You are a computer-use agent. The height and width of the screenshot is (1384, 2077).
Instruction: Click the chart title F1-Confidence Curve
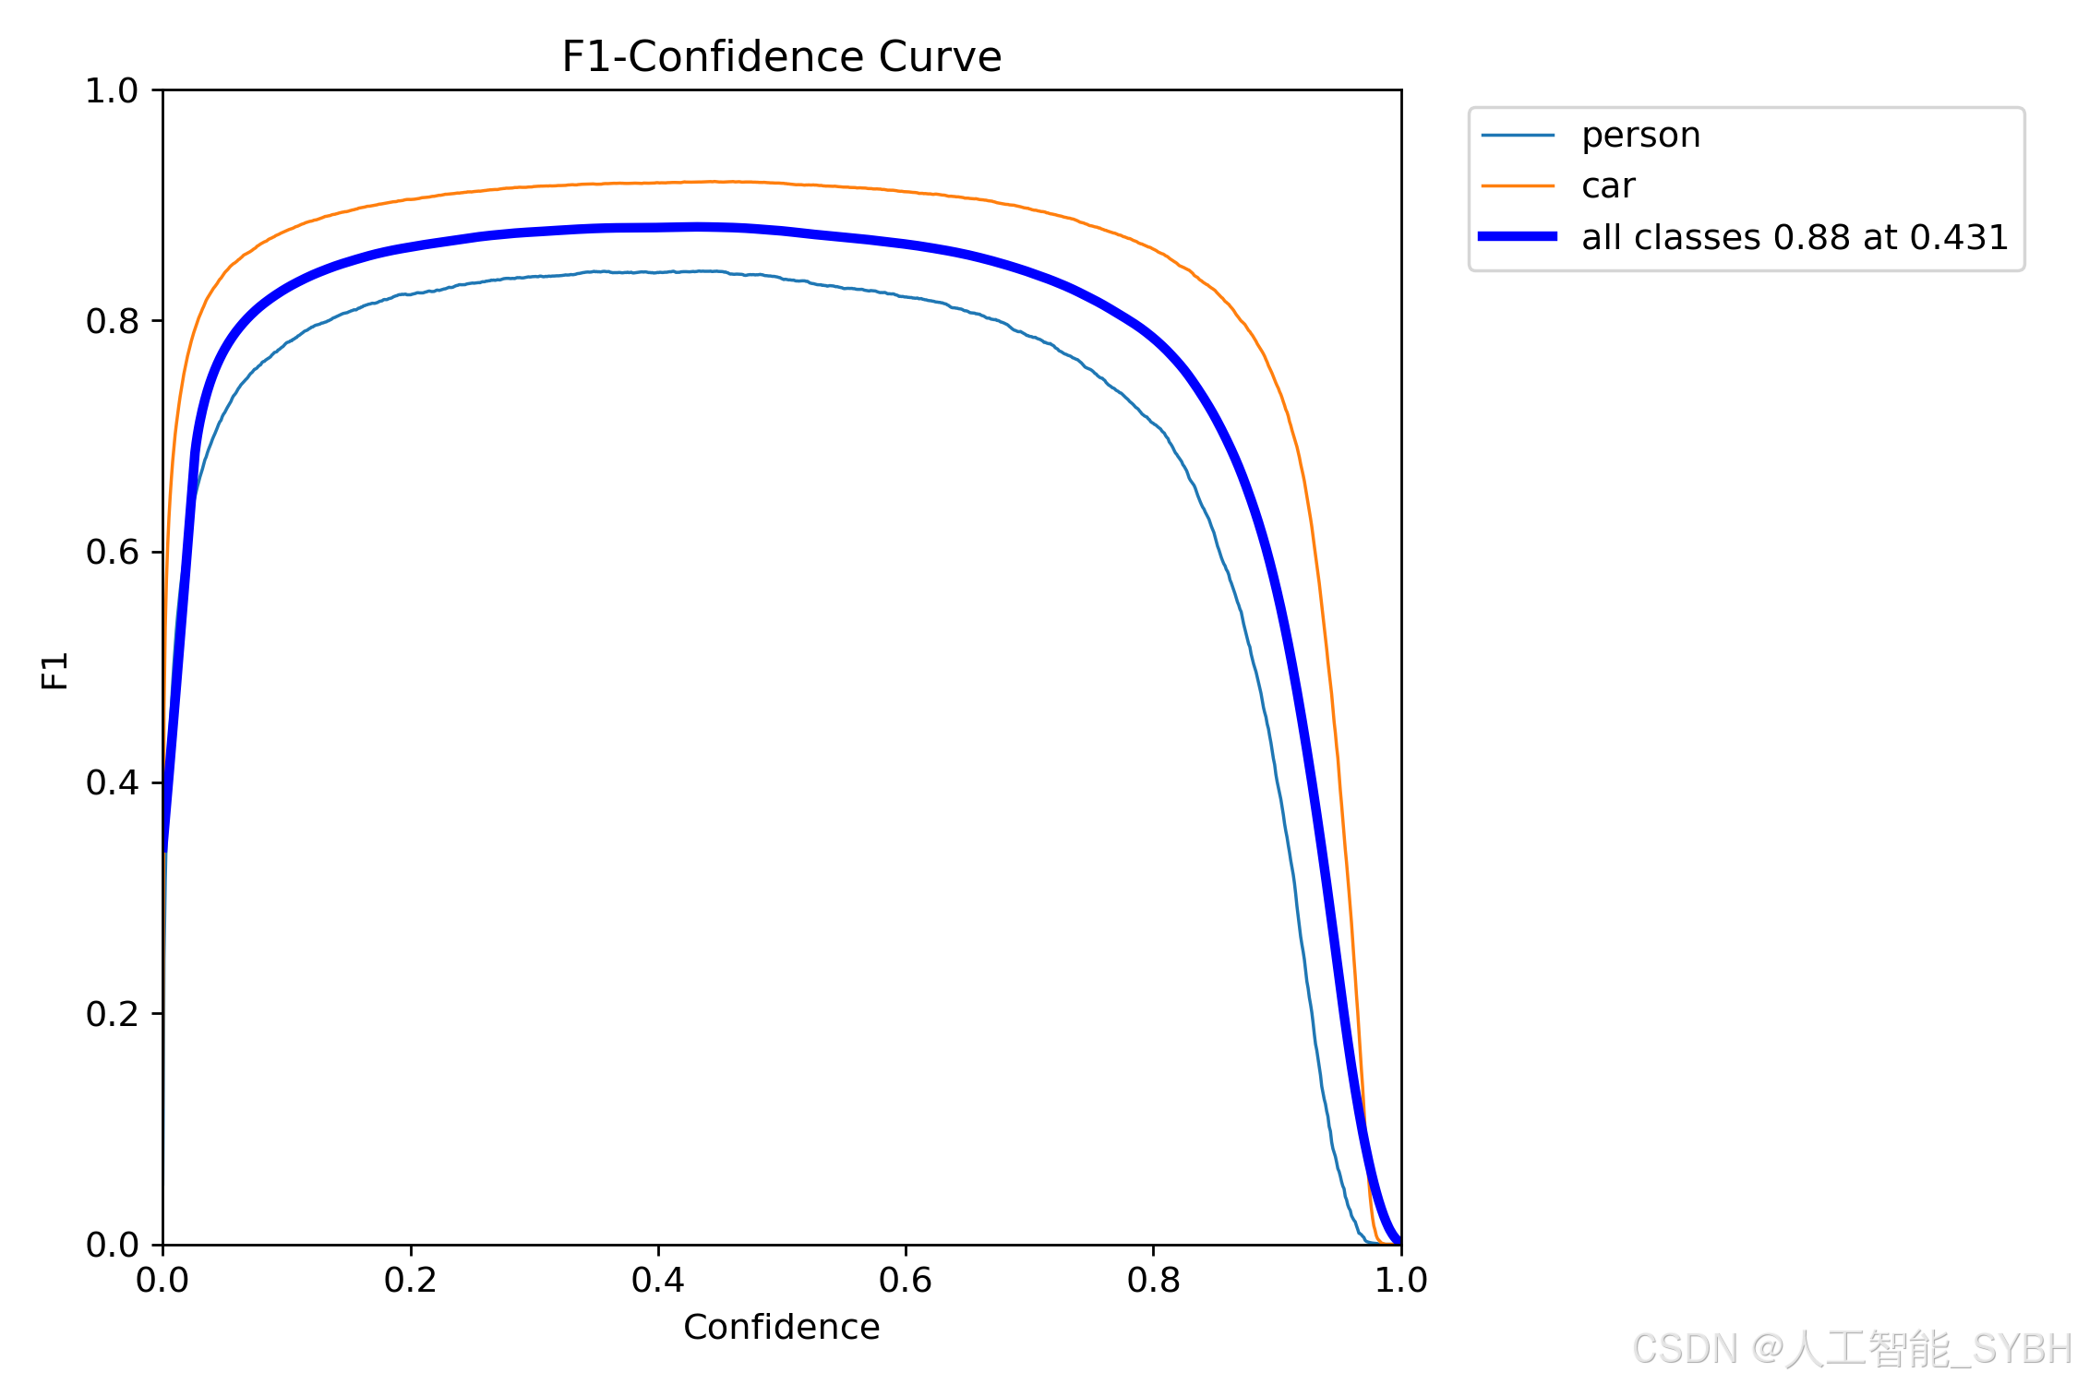(x=781, y=57)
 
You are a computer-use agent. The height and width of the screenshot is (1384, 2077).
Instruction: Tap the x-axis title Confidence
(x=781, y=1327)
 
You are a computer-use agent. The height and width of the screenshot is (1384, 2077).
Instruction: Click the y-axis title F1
(x=55, y=671)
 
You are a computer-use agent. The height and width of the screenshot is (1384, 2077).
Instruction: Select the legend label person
(x=1640, y=136)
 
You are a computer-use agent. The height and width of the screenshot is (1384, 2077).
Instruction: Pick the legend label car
(x=1608, y=186)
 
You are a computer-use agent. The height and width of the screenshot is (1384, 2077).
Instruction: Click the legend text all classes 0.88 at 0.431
(x=1795, y=238)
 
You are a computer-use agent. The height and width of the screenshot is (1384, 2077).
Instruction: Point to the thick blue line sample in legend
(x=1518, y=237)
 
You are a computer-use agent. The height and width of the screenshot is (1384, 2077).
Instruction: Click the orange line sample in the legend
(x=1518, y=186)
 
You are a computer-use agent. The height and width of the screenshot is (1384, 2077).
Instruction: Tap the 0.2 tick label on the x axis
(x=410, y=1280)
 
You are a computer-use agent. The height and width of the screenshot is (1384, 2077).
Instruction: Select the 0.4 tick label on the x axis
(x=658, y=1280)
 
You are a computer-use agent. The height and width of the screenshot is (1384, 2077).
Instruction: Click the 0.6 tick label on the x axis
(x=906, y=1280)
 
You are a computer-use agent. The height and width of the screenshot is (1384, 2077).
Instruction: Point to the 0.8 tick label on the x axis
(x=1153, y=1280)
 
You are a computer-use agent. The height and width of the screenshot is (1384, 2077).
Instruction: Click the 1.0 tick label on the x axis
(x=1400, y=1280)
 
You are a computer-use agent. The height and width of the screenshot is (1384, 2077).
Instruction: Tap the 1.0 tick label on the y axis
(x=112, y=90)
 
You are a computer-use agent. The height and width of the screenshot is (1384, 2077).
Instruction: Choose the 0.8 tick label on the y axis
(x=112, y=321)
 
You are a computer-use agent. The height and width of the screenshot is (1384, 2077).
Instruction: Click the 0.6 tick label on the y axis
(x=112, y=552)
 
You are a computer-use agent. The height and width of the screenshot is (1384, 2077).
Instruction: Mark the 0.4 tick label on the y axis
(x=112, y=782)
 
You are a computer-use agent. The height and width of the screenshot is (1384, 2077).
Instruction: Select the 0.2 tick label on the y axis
(x=112, y=1014)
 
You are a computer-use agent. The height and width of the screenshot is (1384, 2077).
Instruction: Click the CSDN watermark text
(x=1851, y=1349)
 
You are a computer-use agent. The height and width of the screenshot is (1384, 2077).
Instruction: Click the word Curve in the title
(x=940, y=57)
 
